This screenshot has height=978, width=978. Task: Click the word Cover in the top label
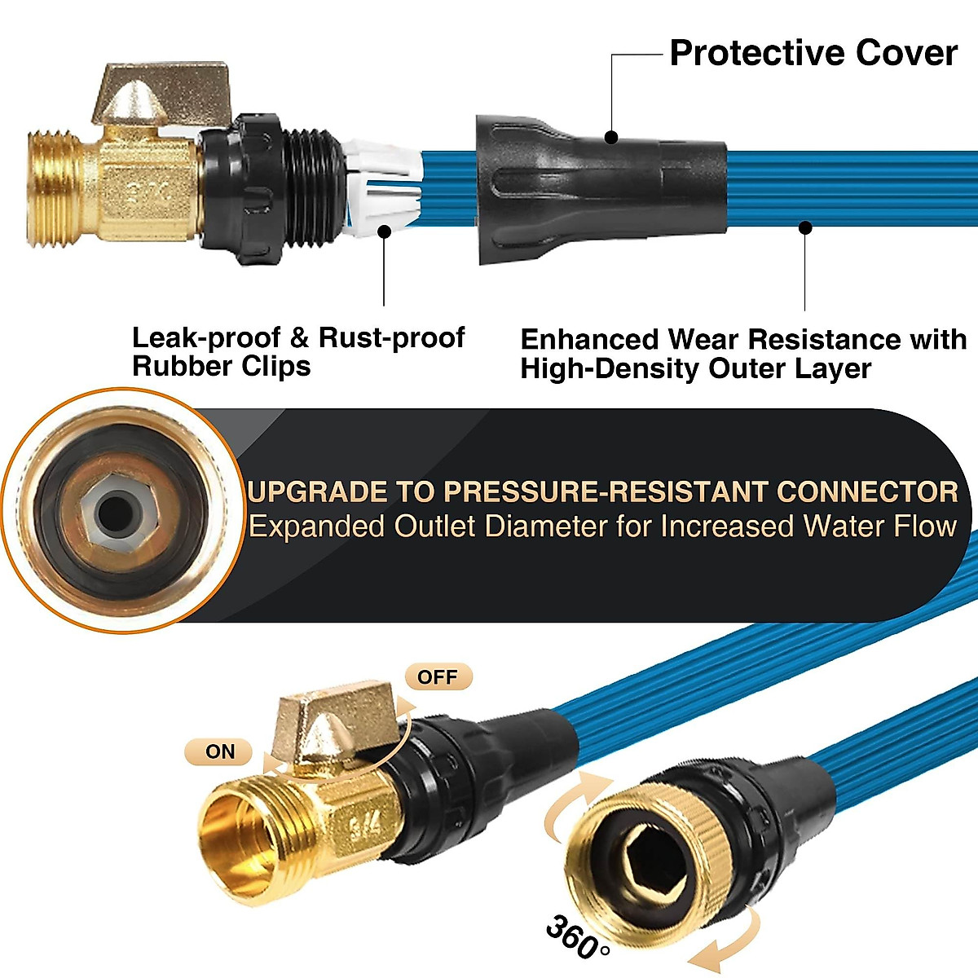(906, 54)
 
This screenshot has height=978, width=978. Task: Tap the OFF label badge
(438, 677)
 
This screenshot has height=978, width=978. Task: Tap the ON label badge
(219, 751)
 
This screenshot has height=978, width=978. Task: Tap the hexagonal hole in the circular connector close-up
(113, 512)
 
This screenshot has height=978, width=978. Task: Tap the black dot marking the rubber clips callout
(385, 231)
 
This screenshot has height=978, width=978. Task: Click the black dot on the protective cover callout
(611, 138)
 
